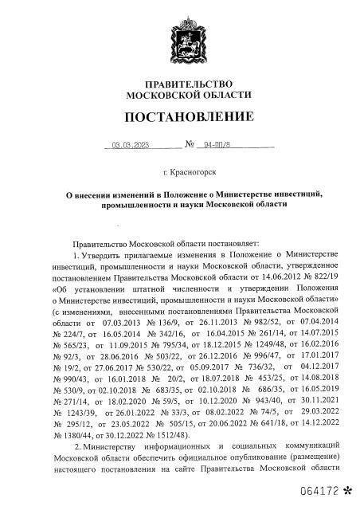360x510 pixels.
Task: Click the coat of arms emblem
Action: (179, 39)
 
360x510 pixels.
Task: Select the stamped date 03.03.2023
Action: (128, 146)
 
